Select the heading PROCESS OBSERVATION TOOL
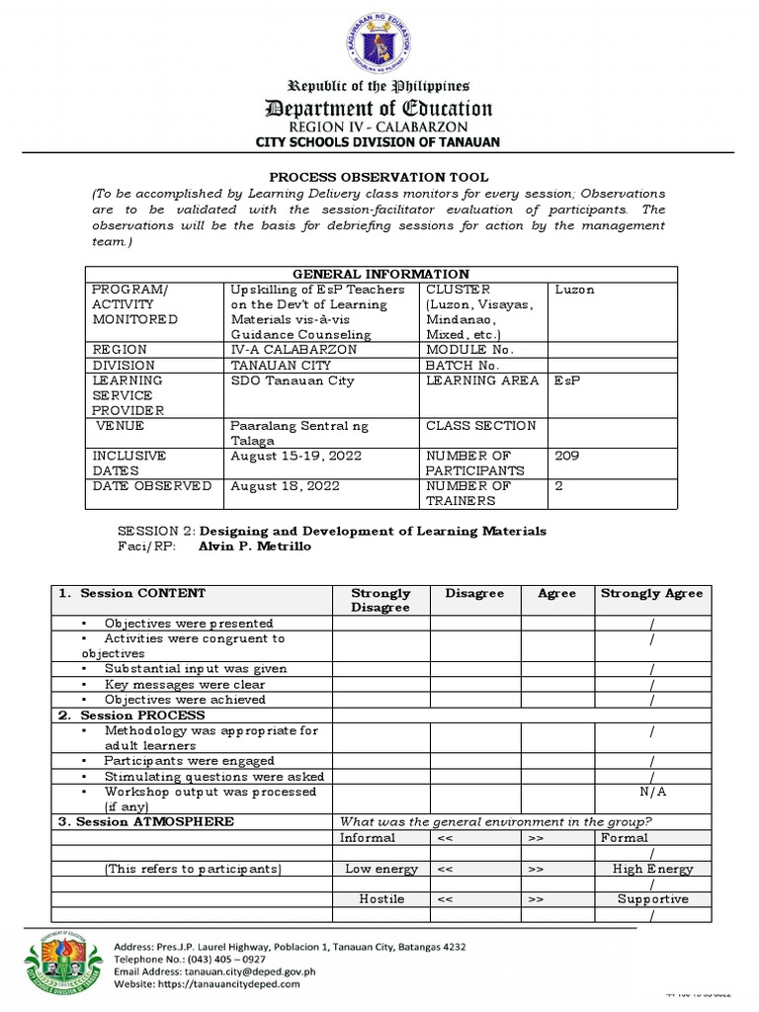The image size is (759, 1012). tap(380, 176)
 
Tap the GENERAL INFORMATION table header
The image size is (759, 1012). tap(380, 274)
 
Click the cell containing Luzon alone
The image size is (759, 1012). tap(575, 290)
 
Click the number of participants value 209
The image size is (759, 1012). tap(567, 456)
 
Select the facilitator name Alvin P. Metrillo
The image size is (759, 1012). tap(255, 547)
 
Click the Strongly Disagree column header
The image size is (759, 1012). tap(380, 600)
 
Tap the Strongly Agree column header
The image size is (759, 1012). tap(651, 593)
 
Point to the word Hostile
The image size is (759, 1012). tap(380, 899)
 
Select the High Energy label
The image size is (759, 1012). tap(652, 869)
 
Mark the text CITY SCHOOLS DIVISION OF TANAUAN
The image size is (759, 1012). tap(380, 142)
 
